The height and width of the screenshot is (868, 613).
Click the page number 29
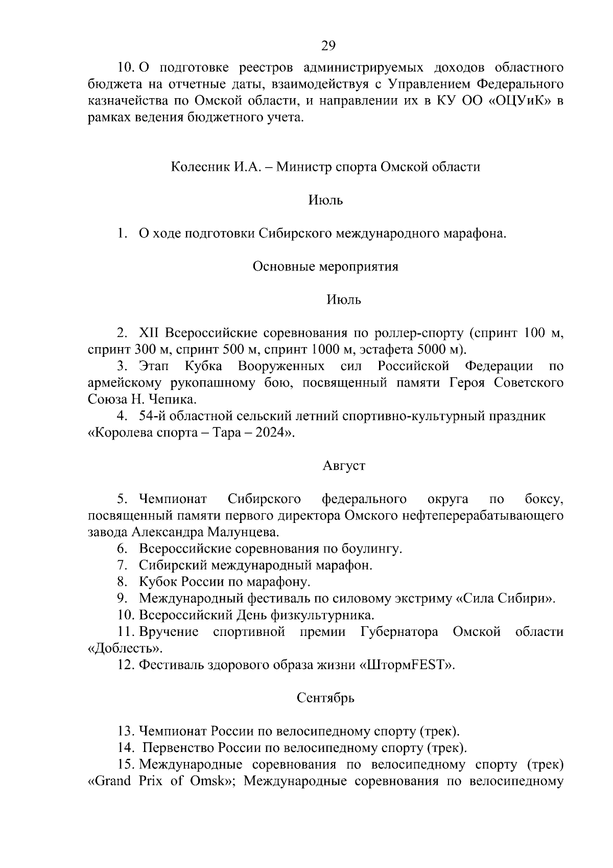click(328, 45)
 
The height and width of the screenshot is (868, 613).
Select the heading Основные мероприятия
click(325, 266)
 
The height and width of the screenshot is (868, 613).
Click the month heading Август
click(344, 466)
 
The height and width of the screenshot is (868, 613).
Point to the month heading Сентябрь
click(325, 698)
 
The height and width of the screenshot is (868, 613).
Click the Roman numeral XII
click(149, 333)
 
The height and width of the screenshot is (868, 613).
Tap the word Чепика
click(174, 399)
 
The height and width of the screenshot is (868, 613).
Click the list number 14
click(125, 748)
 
